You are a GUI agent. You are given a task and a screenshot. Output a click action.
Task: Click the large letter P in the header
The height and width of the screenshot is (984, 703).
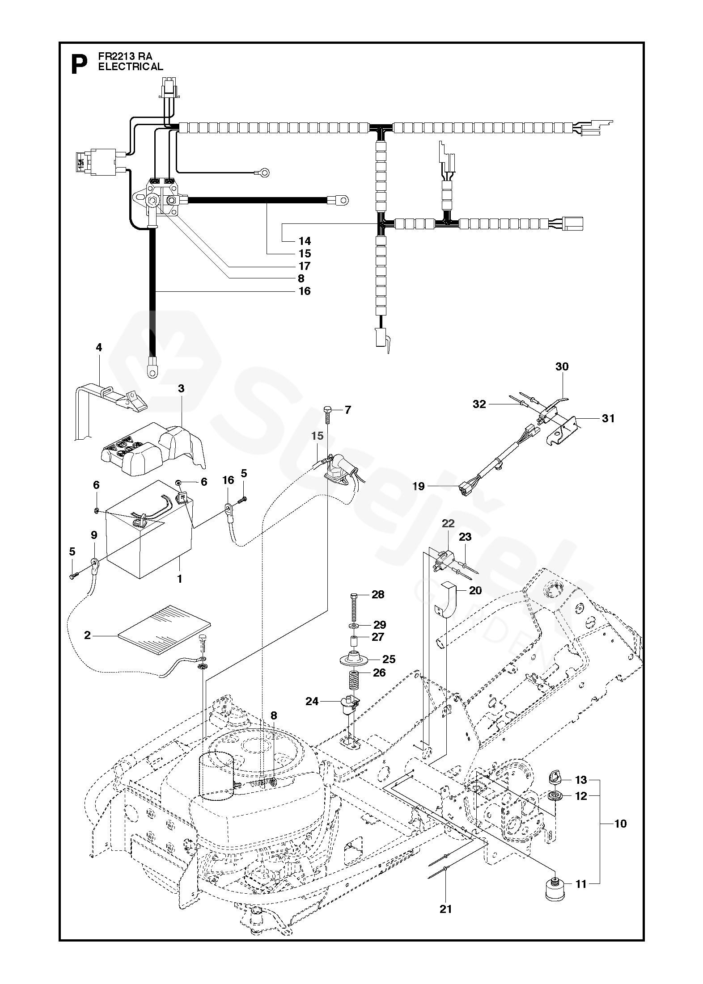click(79, 65)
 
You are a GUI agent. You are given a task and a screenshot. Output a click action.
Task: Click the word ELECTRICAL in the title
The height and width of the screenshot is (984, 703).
click(131, 67)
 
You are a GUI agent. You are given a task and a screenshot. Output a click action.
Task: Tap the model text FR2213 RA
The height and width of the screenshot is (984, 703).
click(125, 56)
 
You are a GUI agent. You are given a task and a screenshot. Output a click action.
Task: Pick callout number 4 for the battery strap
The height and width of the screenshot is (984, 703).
click(99, 347)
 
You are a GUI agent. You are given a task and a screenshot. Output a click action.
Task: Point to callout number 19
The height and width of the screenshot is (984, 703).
click(418, 486)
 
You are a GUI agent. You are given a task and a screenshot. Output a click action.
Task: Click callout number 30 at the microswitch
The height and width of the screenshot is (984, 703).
click(562, 366)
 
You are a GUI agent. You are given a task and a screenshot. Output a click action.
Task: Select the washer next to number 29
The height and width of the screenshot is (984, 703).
click(353, 624)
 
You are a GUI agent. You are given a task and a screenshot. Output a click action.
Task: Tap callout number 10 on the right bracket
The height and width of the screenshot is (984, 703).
click(621, 823)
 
